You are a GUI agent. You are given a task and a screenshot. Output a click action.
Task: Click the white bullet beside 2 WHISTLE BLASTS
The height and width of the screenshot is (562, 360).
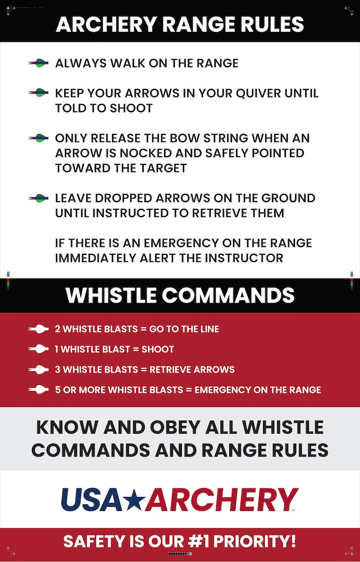point(39,329)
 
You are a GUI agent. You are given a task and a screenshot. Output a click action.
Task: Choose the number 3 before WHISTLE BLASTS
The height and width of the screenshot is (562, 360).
point(58,369)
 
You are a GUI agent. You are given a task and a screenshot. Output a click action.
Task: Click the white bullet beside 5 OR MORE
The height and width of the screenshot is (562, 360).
point(39,389)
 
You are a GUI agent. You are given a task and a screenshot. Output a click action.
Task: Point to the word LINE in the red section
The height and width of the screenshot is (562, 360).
point(209,329)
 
